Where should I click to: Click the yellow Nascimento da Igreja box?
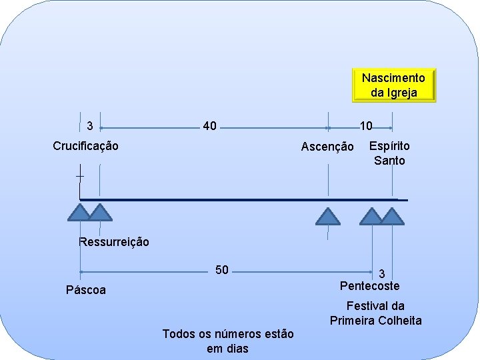393,85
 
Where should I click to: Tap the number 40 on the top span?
209,125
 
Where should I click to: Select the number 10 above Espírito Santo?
366,125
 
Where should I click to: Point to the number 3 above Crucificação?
90,125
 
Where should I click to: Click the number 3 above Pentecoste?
382,273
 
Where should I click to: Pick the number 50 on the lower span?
222,270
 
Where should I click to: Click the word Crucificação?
86,145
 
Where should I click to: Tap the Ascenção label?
327,147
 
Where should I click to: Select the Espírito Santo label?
389,153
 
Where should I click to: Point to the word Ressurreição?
114,242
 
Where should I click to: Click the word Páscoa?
86,290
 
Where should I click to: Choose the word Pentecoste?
369,286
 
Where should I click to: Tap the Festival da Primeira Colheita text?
375,313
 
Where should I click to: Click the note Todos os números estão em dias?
227,341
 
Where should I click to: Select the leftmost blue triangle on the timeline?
79,213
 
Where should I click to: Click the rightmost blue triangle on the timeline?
392,216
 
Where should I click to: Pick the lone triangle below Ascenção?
327,216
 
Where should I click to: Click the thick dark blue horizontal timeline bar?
240,199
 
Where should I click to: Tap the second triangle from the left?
100,213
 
